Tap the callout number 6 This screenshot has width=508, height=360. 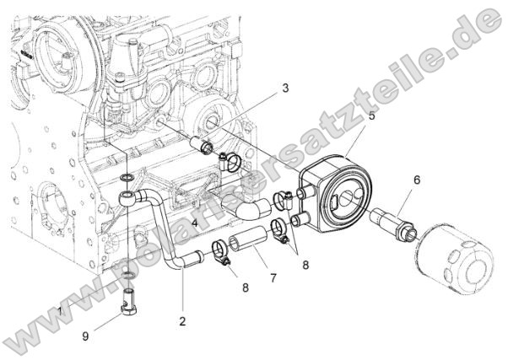[x=415, y=180]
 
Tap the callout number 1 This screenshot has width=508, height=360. [x=60, y=311]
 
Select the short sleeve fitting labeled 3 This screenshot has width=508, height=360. [x=203, y=147]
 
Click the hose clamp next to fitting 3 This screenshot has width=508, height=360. [x=225, y=159]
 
